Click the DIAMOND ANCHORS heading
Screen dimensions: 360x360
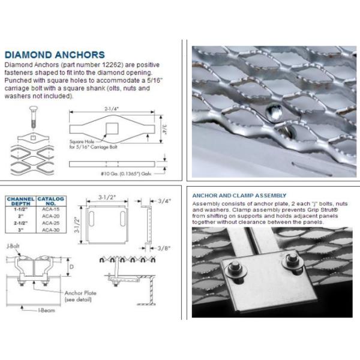[55, 55]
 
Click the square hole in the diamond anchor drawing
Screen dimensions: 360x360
[110, 127]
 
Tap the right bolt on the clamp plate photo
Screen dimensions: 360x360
[293, 260]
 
